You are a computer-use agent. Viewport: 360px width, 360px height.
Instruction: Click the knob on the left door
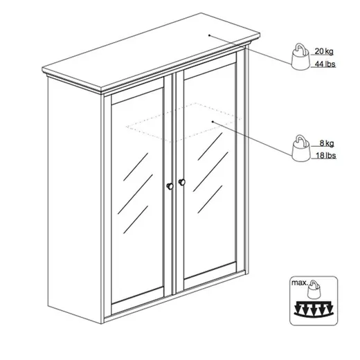pyautogui.click(x=170, y=186)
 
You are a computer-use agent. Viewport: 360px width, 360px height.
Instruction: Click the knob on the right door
pyautogui.click(x=182, y=182)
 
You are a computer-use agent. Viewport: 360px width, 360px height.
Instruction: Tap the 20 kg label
pyautogui.click(x=324, y=51)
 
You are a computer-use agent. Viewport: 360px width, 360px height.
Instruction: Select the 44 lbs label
pyautogui.click(x=325, y=64)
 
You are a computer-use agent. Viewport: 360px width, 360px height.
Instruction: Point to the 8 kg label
pyautogui.click(x=327, y=143)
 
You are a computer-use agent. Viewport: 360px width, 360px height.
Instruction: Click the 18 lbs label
pyautogui.click(x=325, y=156)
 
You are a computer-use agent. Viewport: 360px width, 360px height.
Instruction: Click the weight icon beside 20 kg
pyautogui.click(x=300, y=56)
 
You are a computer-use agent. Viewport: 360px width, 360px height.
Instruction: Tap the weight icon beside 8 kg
pyautogui.click(x=300, y=148)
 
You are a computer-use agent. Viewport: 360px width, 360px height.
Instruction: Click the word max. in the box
pyautogui.click(x=299, y=282)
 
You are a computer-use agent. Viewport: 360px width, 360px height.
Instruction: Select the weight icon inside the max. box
pyautogui.click(x=314, y=289)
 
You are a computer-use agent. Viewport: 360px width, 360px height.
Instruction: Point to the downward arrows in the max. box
pyautogui.click(x=314, y=309)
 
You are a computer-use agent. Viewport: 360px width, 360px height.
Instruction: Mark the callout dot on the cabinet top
pyautogui.click(x=209, y=35)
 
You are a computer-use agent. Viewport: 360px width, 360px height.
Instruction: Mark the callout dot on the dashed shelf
pyautogui.click(x=213, y=121)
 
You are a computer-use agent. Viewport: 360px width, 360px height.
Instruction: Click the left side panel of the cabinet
pyautogui.click(x=74, y=199)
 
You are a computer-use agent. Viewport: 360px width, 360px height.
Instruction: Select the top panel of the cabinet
pyautogui.click(x=151, y=51)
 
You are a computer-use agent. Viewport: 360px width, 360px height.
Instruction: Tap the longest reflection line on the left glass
pyautogui.click(x=135, y=194)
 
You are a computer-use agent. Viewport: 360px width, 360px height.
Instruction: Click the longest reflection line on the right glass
pyautogui.click(x=210, y=172)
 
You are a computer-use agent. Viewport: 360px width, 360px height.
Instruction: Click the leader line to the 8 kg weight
pyautogui.click(x=253, y=138)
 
